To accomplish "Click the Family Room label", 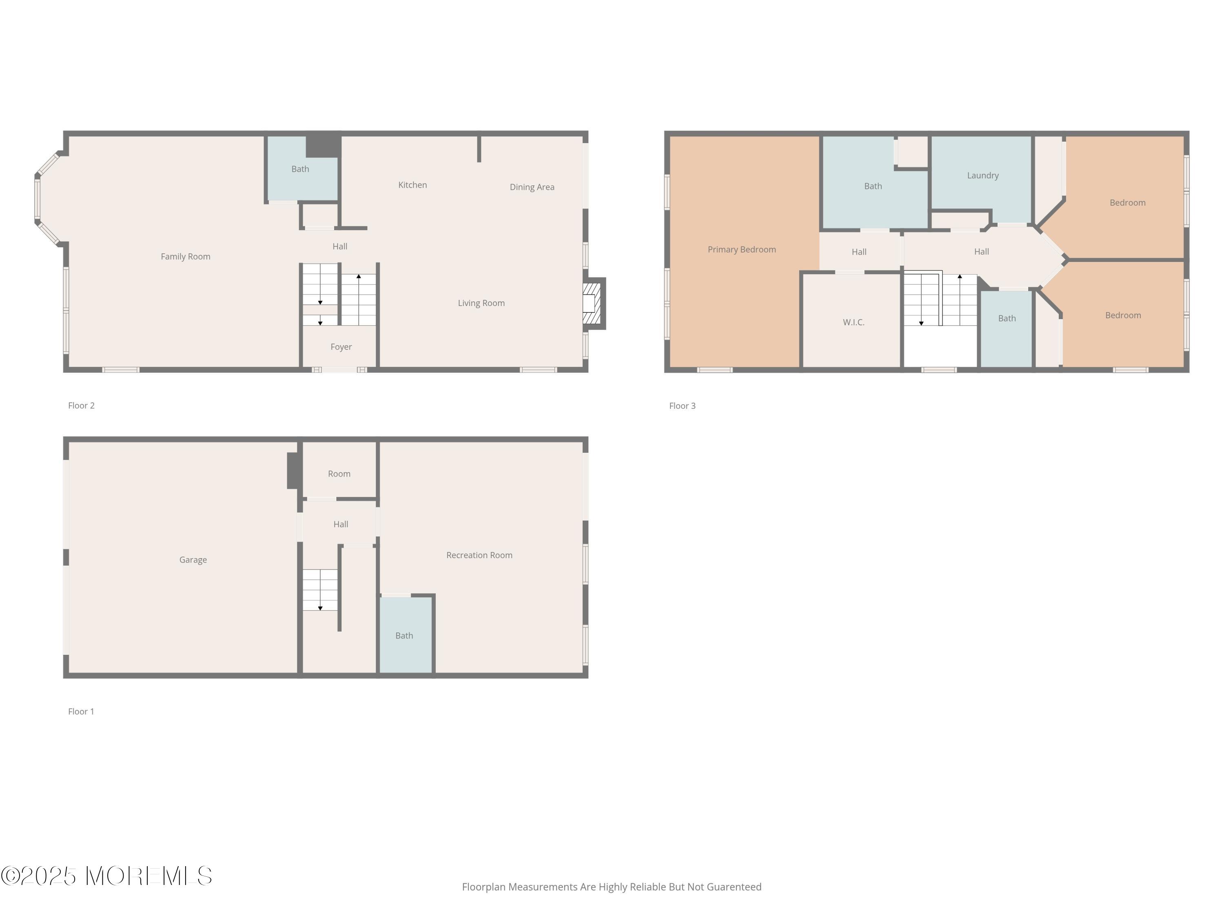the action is [185, 256].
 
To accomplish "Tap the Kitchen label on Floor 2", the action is [412, 185].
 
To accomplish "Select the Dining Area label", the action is [532, 187].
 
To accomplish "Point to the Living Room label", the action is [481, 303].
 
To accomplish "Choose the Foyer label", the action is [341, 347].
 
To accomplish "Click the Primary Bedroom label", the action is [741, 250].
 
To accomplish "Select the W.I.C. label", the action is [853, 322].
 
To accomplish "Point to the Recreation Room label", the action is [479, 555].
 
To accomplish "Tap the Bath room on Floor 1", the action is [406, 635].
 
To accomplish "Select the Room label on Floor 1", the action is [339, 474].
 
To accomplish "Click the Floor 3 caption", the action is [682, 406].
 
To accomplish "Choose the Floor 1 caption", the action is [81, 712].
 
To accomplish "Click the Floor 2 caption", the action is [81, 406].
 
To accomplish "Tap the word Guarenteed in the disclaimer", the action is [734, 887].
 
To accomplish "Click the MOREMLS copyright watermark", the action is [106, 876].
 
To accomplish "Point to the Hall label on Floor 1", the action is [340, 524].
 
